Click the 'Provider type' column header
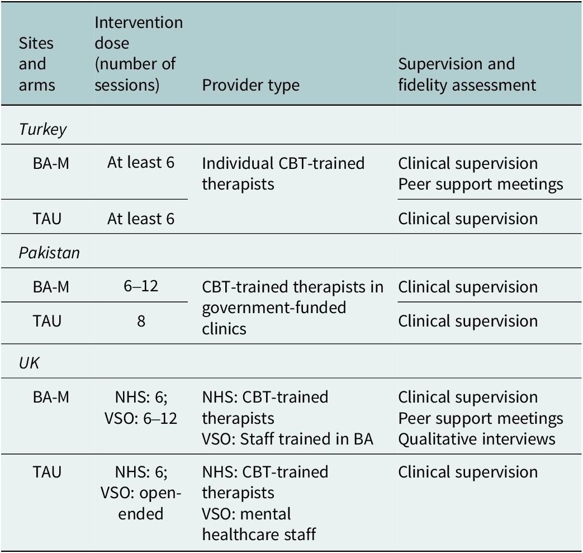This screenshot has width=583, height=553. click(x=250, y=85)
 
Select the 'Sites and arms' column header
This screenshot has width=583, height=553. click(x=37, y=64)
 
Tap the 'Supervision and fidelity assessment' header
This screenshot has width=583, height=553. click(x=467, y=74)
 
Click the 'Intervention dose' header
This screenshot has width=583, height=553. click(x=139, y=54)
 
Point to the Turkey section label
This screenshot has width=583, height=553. click(x=42, y=129)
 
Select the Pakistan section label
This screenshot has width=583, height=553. click(x=49, y=253)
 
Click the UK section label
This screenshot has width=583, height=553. click(x=29, y=363)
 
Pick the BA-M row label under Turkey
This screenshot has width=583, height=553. click(x=51, y=163)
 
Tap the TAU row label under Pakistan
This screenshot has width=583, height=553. click(x=47, y=321)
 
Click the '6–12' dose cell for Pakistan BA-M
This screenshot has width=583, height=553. click(x=141, y=286)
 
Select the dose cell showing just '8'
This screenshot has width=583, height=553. click(x=141, y=321)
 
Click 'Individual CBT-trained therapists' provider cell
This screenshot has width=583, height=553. click(x=283, y=174)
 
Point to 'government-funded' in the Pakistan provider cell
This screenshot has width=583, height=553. click(x=274, y=308)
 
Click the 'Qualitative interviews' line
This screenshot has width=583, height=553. click(x=477, y=439)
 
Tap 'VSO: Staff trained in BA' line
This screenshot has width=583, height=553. click(x=287, y=439)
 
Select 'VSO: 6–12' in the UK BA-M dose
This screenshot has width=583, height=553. click(x=141, y=419)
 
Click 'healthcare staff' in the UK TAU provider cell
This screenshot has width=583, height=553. click(x=259, y=535)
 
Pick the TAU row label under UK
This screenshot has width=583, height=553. click(x=47, y=472)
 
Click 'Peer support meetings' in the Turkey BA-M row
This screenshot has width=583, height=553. click(x=480, y=185)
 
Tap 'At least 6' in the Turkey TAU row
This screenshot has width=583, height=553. click(x=141, y=219)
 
